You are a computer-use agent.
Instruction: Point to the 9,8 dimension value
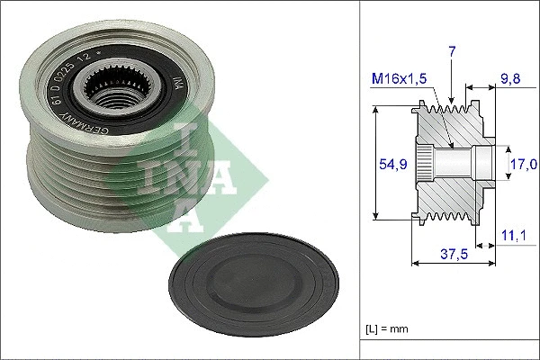tap(510, 79)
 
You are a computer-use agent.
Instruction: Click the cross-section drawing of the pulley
tap(450, 162)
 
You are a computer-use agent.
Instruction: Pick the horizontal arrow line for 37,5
tap(453, 264)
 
